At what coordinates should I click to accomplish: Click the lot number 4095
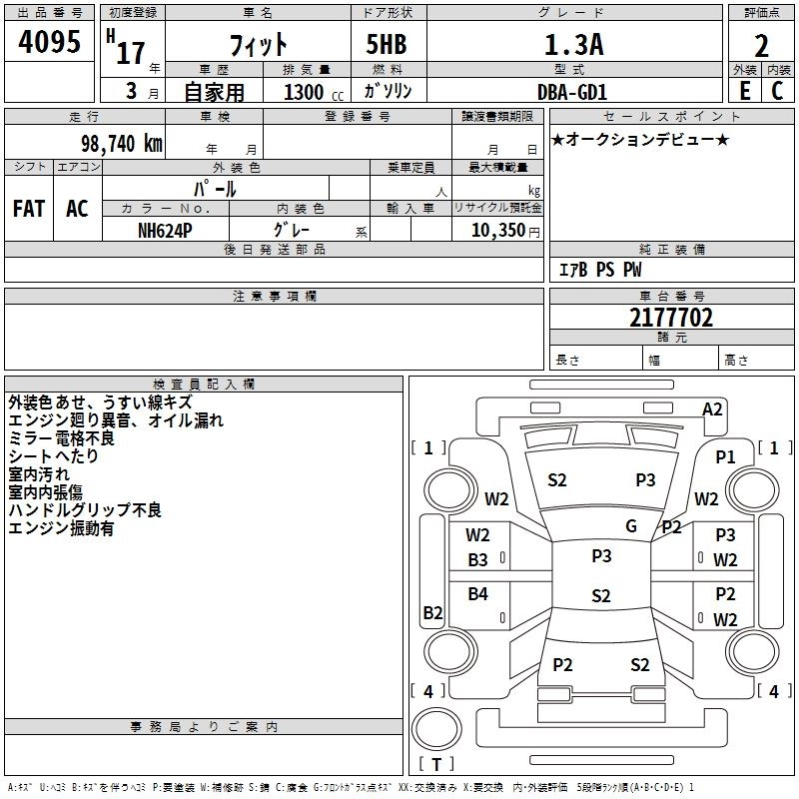pyautogui.click(x=50, y=42)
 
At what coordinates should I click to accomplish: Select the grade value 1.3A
pyautogui.click(x=572, y=45)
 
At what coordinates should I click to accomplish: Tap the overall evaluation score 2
pyautogui.click(x=761, y=46)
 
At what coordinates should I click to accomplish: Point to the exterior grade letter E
pyautogui.click(x=744, y=91)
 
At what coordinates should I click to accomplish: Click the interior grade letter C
pyautogui.click(x=777, y=91)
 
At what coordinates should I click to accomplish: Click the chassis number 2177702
pyautogui.click(x=671, y=319)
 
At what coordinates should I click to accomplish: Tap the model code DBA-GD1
pyautogui.click(x=573, y=91)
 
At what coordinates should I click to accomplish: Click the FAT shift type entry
pyautogui.click(x=29, y=209)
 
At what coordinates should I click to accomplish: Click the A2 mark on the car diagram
pyautogui.click(x=712, y=408)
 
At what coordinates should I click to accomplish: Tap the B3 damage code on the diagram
pyautogui.click(x=478, y=560)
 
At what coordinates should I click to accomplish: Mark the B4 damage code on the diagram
pyautogui.click(x=478, y=594)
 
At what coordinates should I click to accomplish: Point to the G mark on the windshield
pyautogui.click(x=631, y=526)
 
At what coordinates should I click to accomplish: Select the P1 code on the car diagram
pyautogui.click(x=725, y=455)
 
